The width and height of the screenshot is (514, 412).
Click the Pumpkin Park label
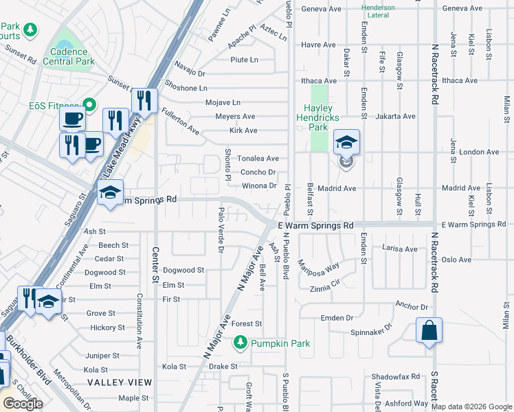280,343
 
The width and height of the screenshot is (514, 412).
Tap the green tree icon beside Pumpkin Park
241,341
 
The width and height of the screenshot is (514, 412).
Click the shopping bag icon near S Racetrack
429,331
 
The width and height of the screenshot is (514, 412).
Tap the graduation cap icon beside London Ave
347,143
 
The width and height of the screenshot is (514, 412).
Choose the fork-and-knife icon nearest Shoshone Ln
144,101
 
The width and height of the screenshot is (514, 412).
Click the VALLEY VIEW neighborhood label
120,382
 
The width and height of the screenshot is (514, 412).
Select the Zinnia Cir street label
325,290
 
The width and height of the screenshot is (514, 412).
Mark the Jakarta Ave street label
395,117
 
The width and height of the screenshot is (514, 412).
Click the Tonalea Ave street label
258,159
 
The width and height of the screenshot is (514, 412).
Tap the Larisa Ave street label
400,249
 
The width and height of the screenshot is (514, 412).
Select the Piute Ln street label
244,60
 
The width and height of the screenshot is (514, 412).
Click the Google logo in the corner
23,404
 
